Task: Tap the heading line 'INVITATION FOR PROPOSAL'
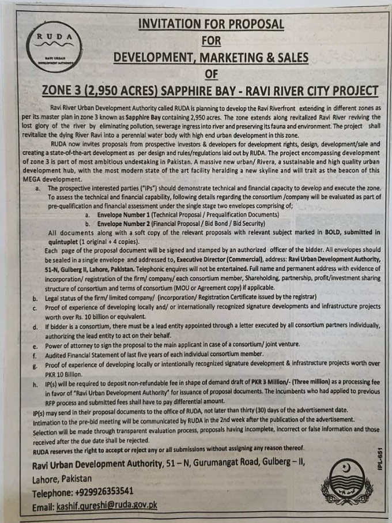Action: pos(211,24)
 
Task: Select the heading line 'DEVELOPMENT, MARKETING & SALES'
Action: pos(211,58)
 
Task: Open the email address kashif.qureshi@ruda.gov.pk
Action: pos(107,506)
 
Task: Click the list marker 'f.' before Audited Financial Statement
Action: pos(35,355)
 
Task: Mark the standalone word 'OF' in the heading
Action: pos(211,74)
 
